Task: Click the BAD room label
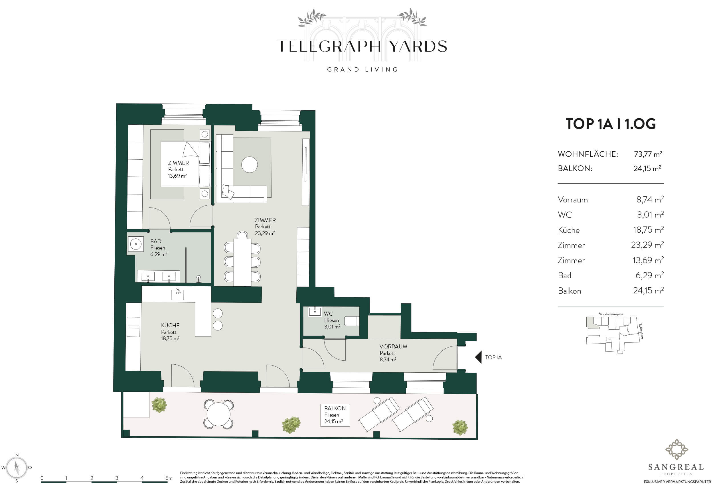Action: click(x=155, y=242)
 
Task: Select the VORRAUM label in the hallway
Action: click(x=393, y=346)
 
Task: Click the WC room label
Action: click(x=328, y=314)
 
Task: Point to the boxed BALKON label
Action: click(x=335, y=415)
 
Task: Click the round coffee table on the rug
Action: click(x=250, y=165)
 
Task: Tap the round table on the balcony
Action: click(x=218, y=414)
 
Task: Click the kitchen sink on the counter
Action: click(x=177, y=294)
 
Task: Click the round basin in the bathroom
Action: click(x=135, y=244)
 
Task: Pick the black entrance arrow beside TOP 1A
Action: click(x=478, y=357)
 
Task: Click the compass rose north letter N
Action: click(x=17, y=455)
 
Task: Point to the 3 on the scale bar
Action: click(x=117, y=478)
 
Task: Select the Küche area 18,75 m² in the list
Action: click(x=648, y=230)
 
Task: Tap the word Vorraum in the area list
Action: click(x=573, y=200)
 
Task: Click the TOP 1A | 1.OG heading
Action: click(x=611, y=124)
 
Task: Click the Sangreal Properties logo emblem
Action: click(x=676, y=449)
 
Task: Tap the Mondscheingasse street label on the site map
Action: click(x=611, y=314)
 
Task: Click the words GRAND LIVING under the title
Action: click(x=362, y=70)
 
